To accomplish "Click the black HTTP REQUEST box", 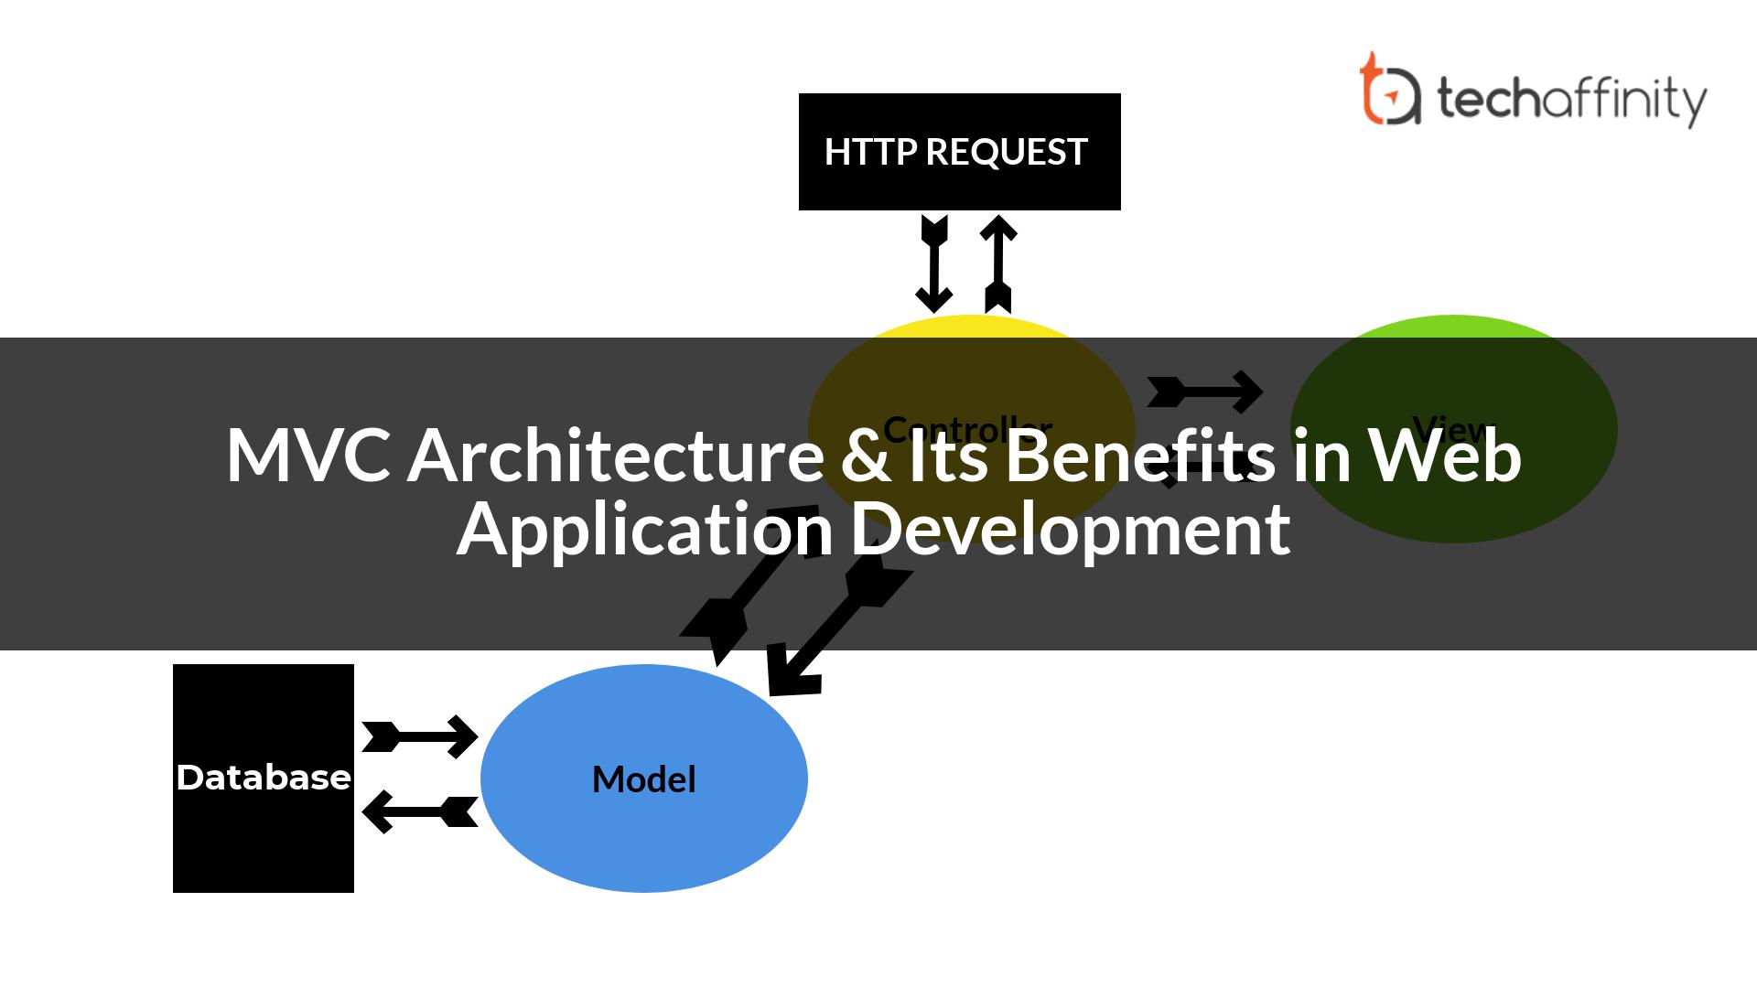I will [959, 152].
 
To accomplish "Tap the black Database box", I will [264, 778].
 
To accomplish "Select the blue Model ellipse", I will [644, 779].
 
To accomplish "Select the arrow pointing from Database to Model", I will [420, 736].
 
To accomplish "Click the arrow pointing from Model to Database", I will [420, 812].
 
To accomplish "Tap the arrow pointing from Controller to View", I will [1204, 392].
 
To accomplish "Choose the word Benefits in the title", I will [1138, 455].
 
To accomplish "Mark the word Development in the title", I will [1071, 531].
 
